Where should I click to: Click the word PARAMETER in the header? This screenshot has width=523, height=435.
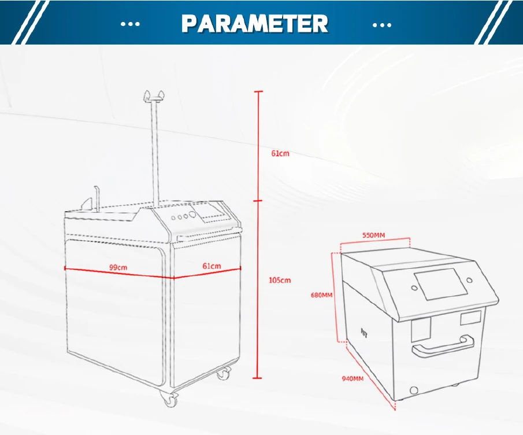(255, 24)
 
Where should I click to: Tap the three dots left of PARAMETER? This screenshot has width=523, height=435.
(131, 24)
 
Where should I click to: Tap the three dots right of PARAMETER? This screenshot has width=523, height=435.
(382, 24)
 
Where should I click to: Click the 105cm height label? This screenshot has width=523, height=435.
(280, 281)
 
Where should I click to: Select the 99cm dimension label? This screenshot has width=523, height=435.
(118, 267)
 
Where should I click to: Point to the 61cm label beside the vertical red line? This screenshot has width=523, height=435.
(280, 154)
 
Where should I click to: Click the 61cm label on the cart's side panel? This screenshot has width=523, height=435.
(212, 266)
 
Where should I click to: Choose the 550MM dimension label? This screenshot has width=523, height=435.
(374, 235)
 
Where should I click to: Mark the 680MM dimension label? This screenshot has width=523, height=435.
(322, 294)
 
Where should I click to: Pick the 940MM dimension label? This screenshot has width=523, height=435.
(353, 378)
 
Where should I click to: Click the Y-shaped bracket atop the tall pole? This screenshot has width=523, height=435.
(153, 96)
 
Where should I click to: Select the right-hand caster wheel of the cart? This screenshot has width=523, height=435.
(222, 374)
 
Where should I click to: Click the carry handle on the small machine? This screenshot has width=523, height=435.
(443, 345)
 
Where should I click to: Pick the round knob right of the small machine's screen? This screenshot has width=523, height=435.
(469, 281)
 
